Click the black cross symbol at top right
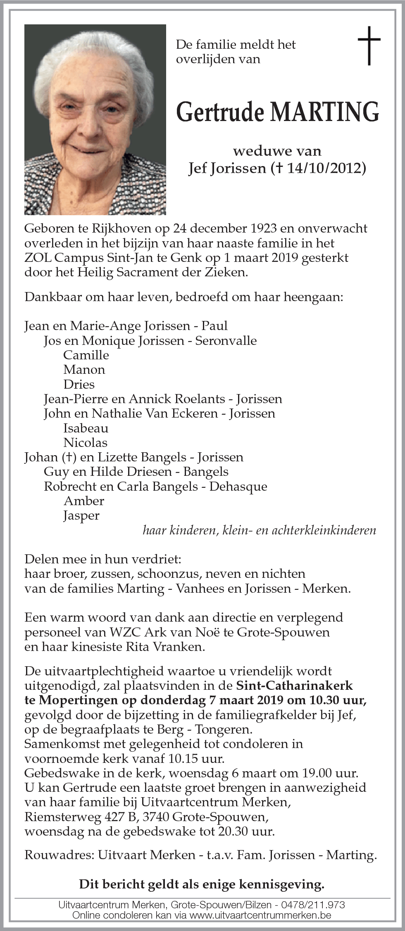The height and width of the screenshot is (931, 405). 369,45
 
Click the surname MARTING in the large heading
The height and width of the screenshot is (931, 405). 324,112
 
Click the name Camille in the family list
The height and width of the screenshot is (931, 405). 86,355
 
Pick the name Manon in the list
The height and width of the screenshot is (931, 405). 84,370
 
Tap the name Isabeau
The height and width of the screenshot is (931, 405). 86,428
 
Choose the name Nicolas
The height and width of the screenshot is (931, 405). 85,443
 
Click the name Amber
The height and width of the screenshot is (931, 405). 84,501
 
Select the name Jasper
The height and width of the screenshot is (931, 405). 81,515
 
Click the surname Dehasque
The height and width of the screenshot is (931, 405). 238,487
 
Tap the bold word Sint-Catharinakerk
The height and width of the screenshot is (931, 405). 294,686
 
